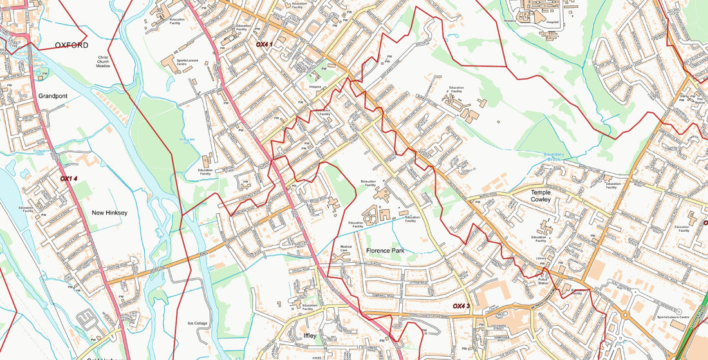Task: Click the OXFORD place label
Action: coord(71,45)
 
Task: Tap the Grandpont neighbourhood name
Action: coord(53,96)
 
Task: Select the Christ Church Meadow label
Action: coord(104,61)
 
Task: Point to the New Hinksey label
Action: coord(109,213)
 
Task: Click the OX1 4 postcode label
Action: coord(69,178)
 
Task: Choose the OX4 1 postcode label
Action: coord(265,44)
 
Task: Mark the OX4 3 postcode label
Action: coord(461,306)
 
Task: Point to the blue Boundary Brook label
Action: coord(554,157)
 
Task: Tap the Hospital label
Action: coord(552,21)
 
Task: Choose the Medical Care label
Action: coord(346,249)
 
